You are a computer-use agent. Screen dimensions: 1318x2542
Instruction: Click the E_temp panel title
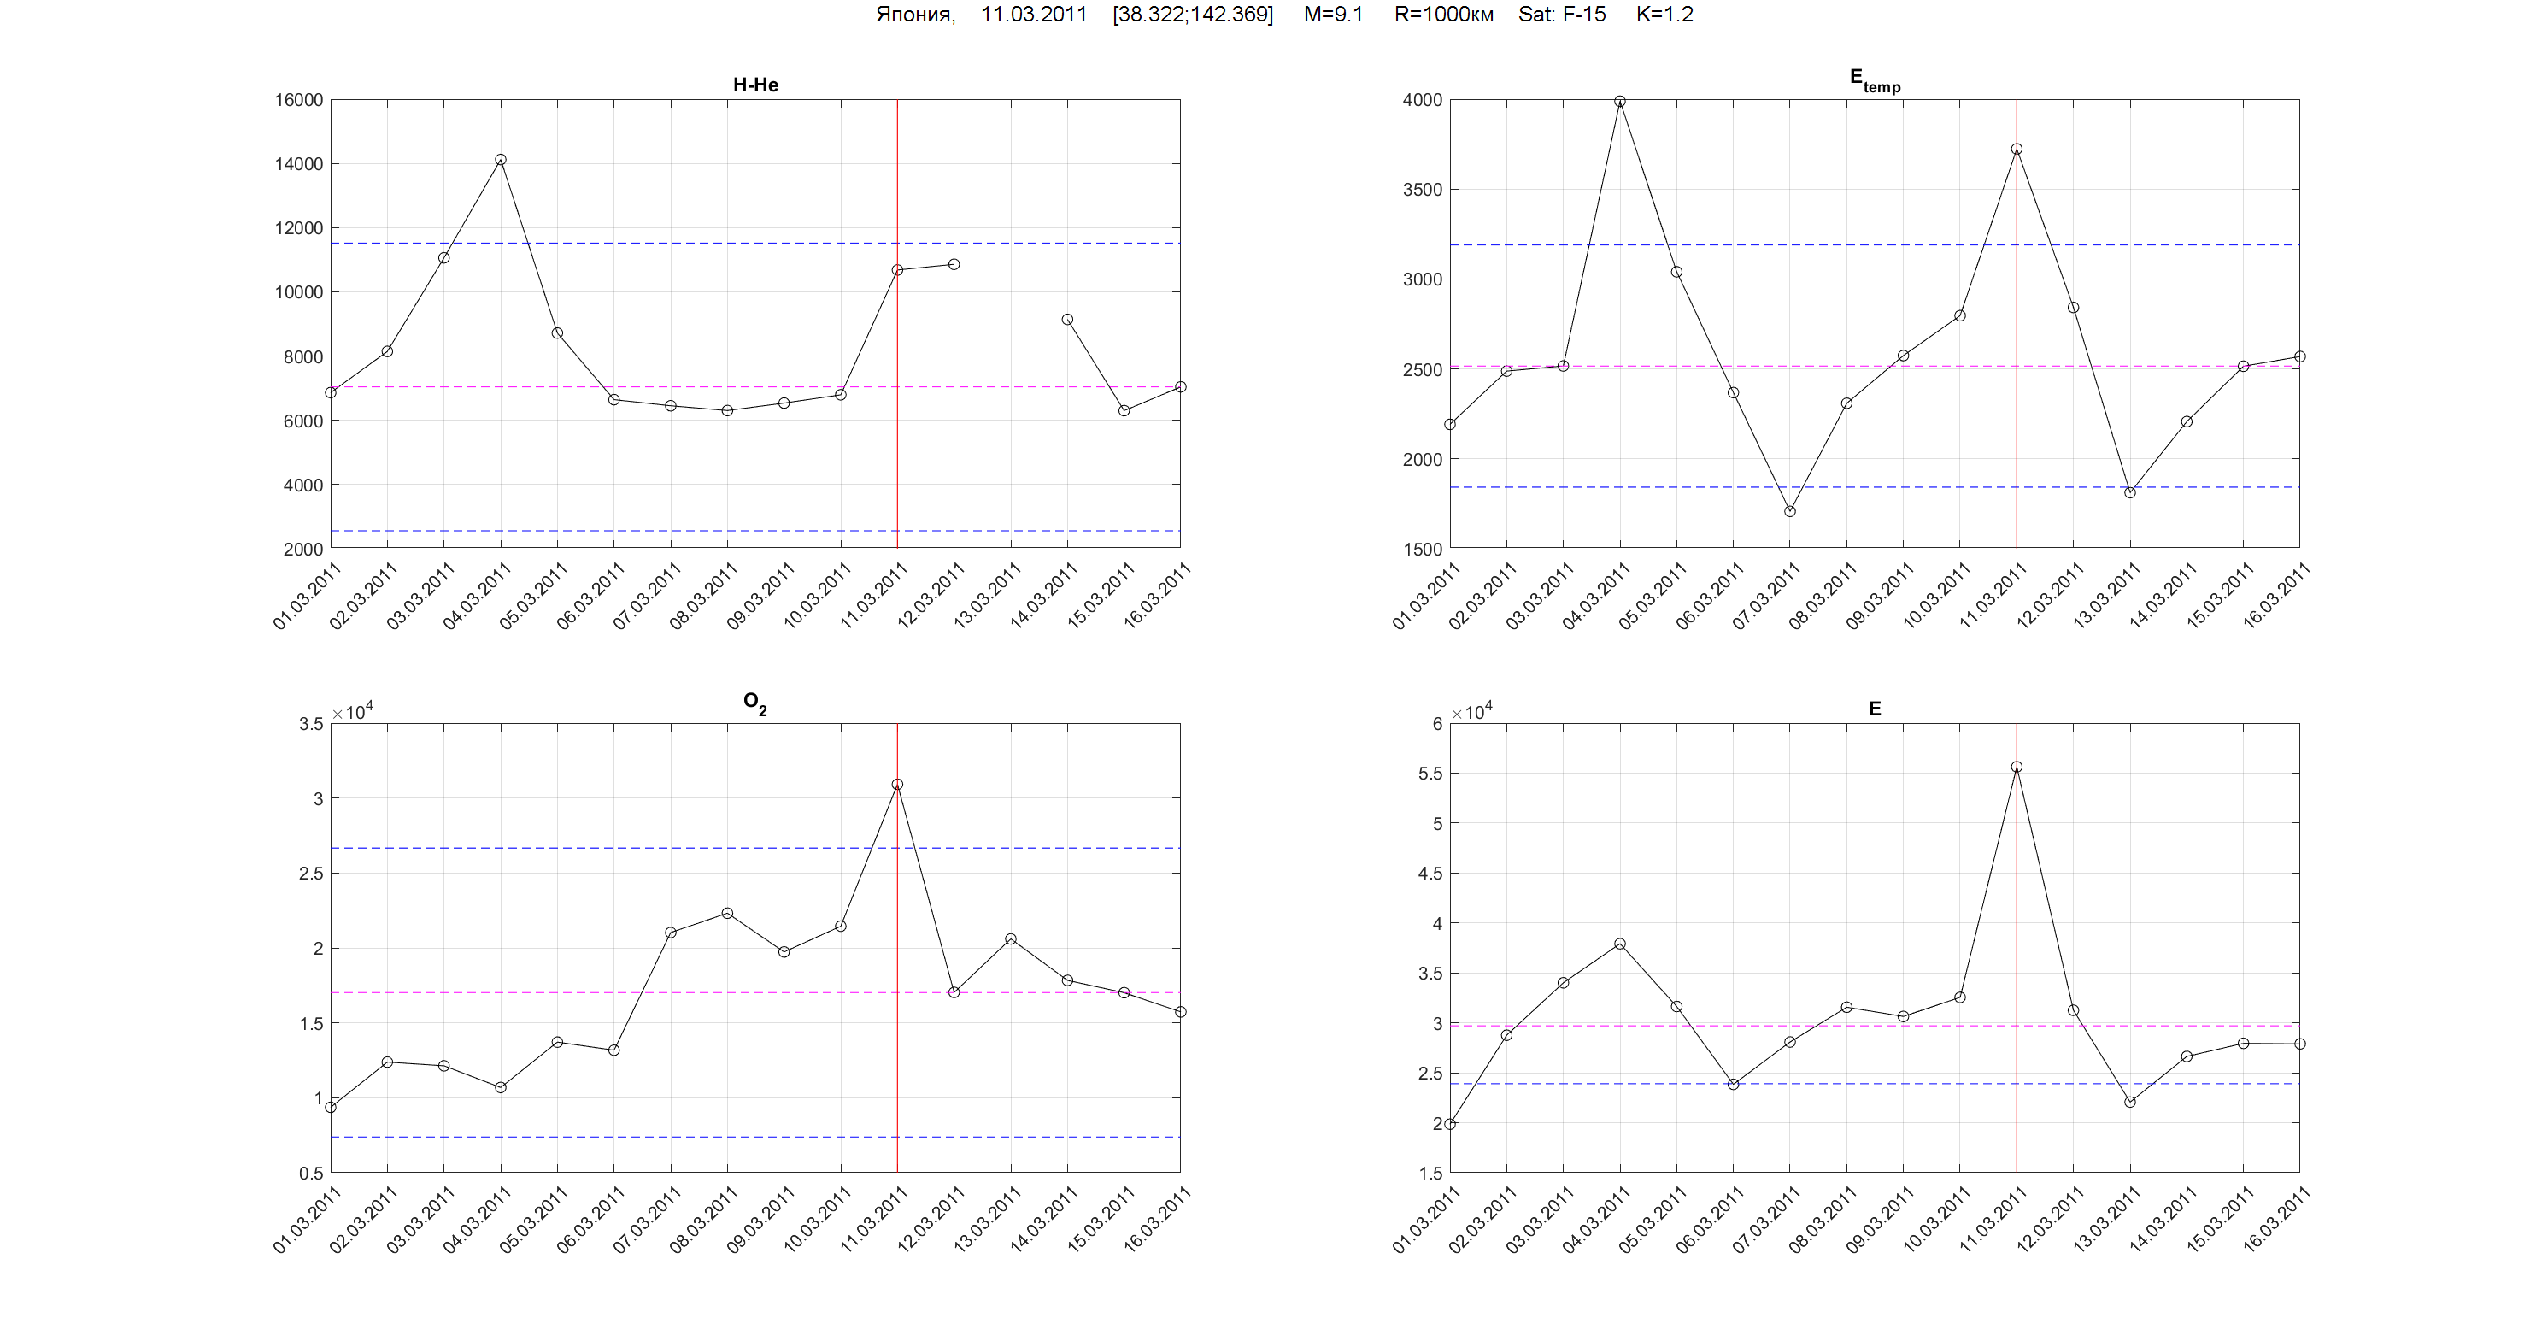(1874, 81)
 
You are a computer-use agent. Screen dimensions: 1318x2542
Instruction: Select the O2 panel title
(754, 703)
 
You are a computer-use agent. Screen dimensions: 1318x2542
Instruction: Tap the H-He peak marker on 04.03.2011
(501, 160)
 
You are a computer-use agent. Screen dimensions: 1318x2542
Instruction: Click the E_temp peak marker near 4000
(1619, 102)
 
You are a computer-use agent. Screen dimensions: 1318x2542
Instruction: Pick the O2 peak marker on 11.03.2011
(897, 785)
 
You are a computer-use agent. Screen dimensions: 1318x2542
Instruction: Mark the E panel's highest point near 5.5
(2016, 767)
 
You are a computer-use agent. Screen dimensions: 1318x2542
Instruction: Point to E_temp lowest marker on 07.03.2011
(1790, 511)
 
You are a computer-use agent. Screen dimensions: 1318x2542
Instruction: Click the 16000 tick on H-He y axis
(298, 101)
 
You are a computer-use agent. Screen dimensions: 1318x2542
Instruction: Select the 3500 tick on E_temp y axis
(1421, 190)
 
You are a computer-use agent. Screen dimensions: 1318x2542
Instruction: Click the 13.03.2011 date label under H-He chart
(987, 595)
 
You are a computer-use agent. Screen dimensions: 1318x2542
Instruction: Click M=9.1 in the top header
(1332, 15)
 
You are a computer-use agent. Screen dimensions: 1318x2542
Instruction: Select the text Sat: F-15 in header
(1561, 15)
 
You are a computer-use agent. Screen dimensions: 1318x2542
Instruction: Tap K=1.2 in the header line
(1664, 15)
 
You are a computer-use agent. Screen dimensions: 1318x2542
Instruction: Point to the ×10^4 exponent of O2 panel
(352, 712)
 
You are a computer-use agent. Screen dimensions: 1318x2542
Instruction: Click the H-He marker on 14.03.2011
(1066, 320)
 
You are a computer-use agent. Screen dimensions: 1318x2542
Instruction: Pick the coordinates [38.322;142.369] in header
(1192, 15)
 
